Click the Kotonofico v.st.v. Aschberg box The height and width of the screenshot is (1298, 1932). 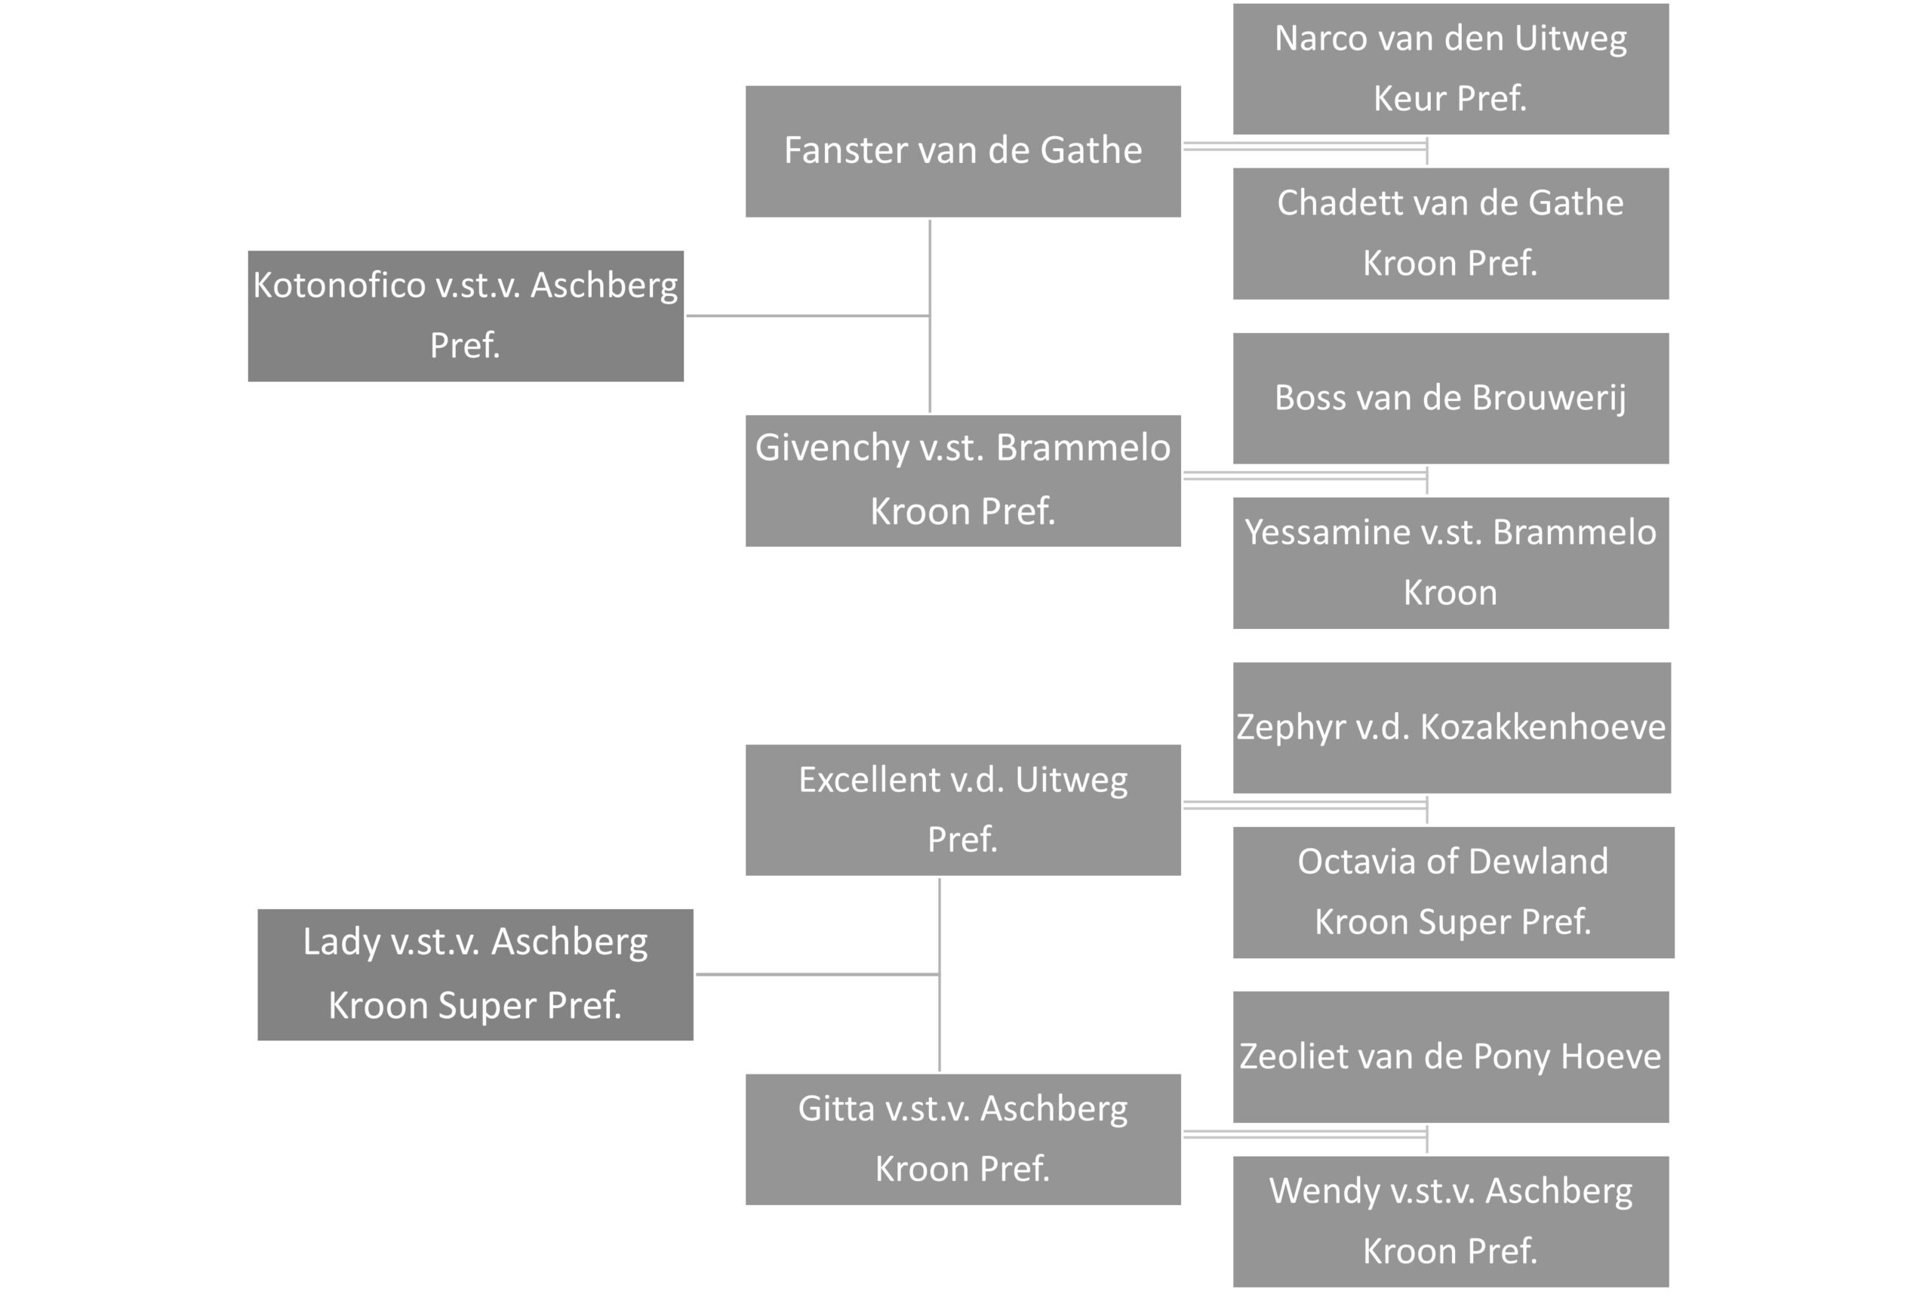click(x=466, y=316)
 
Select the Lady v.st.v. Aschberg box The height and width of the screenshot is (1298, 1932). click(x=475, y=974)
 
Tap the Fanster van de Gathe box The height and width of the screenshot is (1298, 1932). click(x=963, y=152)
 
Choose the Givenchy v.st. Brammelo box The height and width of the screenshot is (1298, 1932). click(x=963, y=481)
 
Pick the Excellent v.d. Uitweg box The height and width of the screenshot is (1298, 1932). click(x=963, y=809)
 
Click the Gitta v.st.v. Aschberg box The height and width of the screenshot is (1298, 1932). click(x=963, y=1139)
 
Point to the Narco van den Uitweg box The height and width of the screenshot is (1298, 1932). click(x=1451, y=69)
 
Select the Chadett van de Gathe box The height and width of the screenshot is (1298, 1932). click(x=1451, y=233)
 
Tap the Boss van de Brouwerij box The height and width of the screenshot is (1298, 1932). click(x=1451, y=398)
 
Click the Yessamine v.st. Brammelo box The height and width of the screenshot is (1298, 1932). click(x=1451, y=563)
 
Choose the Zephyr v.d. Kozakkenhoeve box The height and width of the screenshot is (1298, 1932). click(x=1452, y=728)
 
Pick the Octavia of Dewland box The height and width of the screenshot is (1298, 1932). click(x=1454, y=893)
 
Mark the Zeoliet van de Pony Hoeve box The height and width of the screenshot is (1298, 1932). click(x=1451, y=1057)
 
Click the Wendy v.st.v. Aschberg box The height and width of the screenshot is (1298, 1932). click(x=1451, y=1222)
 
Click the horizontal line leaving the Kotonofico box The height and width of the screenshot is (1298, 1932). click(x=808, y=316)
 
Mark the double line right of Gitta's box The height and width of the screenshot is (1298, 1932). click(x=1306, y=1134)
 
